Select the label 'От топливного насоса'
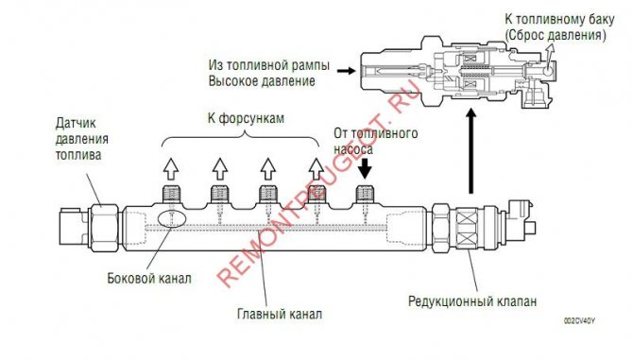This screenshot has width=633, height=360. pyautogui.click(x=377, y=142)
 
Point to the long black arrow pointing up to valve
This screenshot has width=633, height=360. pyautogui.click(x=469, y=151)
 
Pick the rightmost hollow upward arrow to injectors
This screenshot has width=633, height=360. pyautogui.click(x=316, y=168)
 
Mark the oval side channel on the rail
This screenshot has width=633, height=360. pyautogui.click(x=170, y=215)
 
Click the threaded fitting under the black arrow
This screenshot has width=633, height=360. pyautogui.click(x=366, y=196)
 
